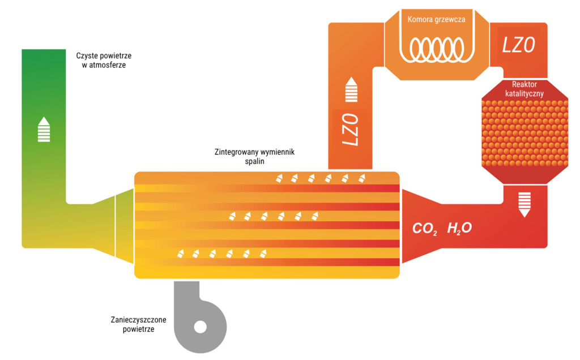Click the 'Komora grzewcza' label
pos(437,19)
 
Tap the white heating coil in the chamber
pos(437,49)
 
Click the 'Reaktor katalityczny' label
pos(524,89)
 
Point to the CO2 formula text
pos(425,229)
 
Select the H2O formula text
pos(459,229)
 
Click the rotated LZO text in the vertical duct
pos(350,130)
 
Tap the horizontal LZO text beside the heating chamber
pos(519,45)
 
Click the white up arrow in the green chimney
pos(44,130)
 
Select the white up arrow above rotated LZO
pos(351,89)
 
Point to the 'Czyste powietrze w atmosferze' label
pos(104,60)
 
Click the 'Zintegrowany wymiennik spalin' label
pos(254,156)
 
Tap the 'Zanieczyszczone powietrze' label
pos(138,324)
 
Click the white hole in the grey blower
pos(201,327)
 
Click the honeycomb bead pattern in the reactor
pos(525,133)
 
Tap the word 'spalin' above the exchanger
pos(254,161)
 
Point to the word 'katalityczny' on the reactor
pos(524,93)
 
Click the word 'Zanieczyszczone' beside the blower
pos(138,320)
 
